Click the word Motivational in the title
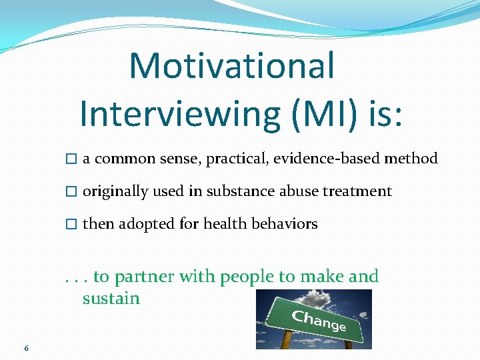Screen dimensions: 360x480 click(x=231, y=65)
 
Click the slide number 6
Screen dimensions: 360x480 click(x=25, y=348)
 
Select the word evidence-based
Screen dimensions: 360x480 click(x=339, y=159)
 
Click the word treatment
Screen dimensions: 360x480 click(x=357, y=191)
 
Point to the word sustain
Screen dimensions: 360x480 click(x=111, y=298)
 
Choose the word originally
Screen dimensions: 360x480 click(x=115, y=191)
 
